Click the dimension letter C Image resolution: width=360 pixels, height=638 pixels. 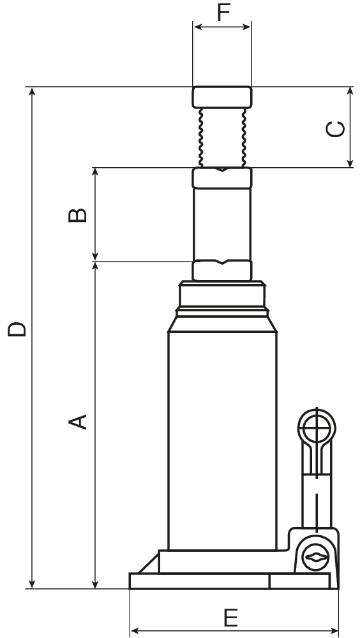point(336,129)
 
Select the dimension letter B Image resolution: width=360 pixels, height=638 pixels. point(77,215)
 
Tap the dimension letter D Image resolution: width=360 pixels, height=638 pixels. point(17,329)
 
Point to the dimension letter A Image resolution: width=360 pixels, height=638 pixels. point(77,422)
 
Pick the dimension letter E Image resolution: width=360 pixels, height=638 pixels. point(231,618)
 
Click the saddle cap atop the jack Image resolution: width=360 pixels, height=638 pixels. point(222,97)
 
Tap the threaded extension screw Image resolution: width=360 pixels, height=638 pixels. point(222,138)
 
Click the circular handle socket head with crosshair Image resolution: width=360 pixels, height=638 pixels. point(317,428)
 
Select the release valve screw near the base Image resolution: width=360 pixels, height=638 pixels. point(315,556)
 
